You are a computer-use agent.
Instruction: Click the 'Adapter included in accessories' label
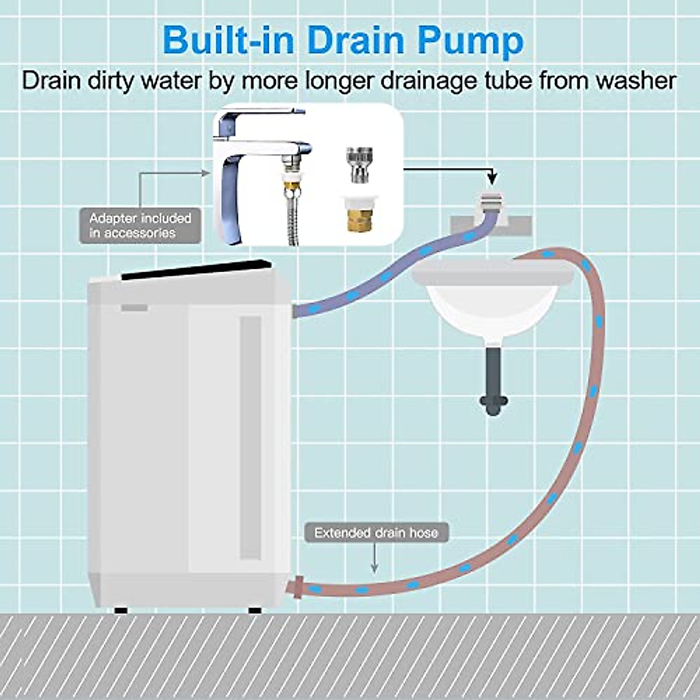pos(140,226)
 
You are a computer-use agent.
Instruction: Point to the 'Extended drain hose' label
pos(376,533)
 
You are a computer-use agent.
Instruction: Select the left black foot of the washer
pos(121,610)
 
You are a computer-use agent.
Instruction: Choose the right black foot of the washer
pos(255,610)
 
